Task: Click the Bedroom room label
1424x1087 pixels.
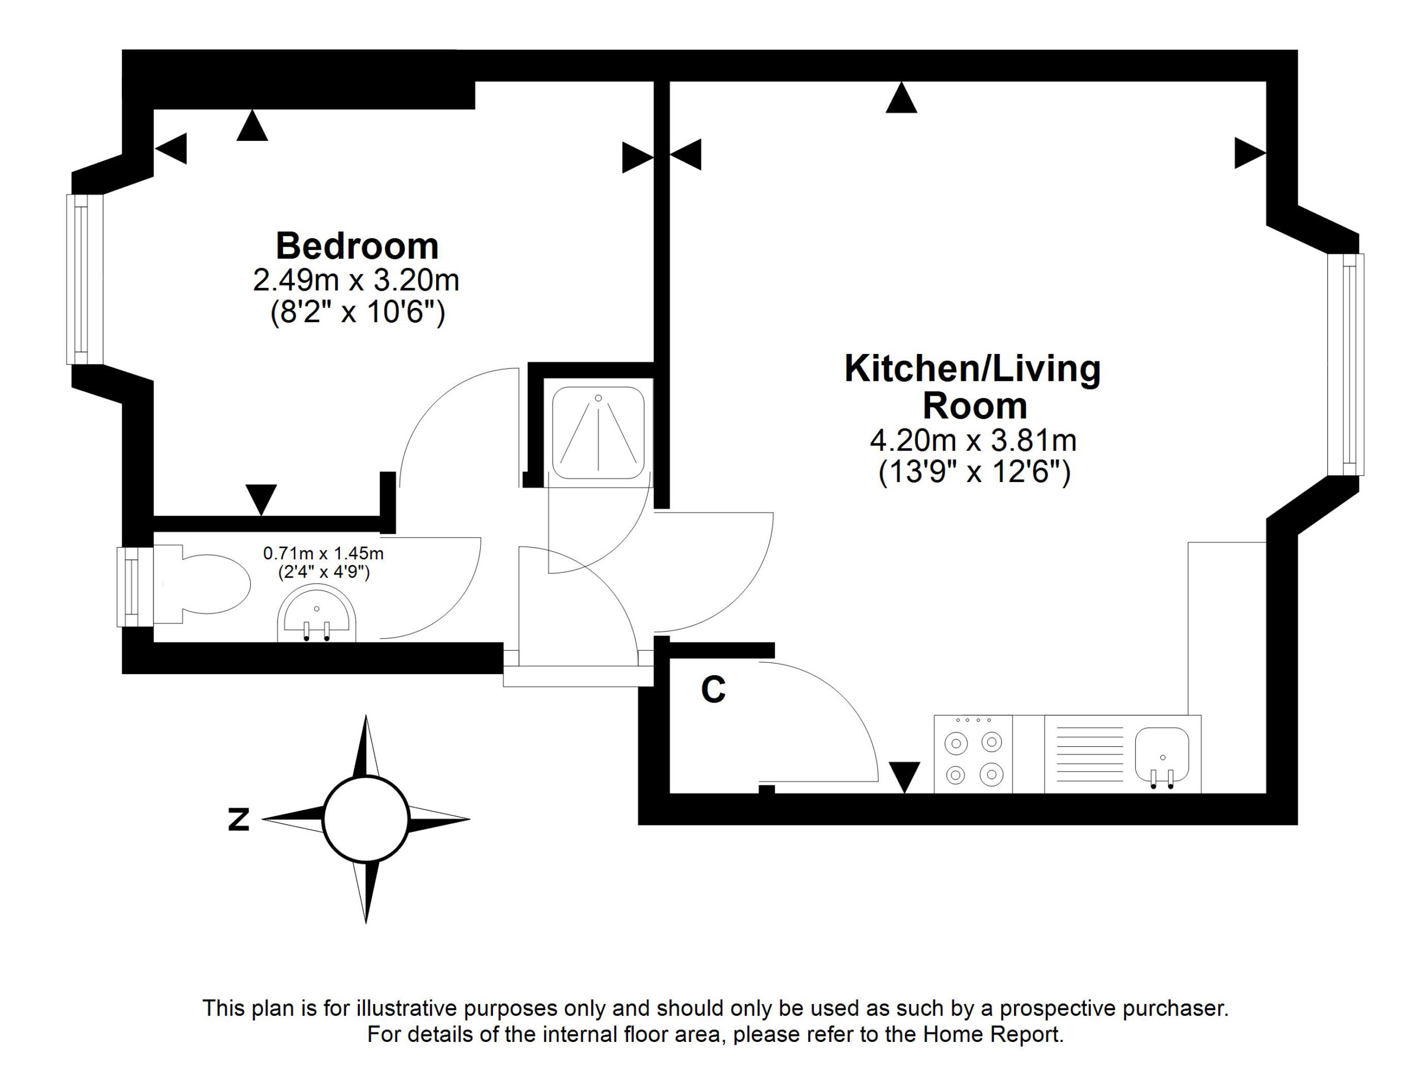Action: click(x=357, y=246)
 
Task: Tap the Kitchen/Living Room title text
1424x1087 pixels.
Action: click(x=973, y=387)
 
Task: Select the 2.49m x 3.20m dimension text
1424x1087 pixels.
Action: click(x=357, y=280)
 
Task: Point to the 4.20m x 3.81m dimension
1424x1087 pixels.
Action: click(x=973, y=441)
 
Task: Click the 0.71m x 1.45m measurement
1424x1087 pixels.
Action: click(x=323, y=553)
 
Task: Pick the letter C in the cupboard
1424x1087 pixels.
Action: click(x=713, y=690)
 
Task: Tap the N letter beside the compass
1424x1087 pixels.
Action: click(x=239, y=820)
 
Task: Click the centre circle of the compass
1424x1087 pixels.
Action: click(x=366, y=819)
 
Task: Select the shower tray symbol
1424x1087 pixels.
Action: click(x=598, y=433)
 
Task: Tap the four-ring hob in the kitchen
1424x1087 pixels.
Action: click(x=973, y=754)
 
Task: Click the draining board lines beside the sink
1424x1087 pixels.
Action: click(x=1090, y=754)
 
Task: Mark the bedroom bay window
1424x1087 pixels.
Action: click(x=85, y=279)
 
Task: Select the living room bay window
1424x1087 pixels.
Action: click(x=1346, y=364)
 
